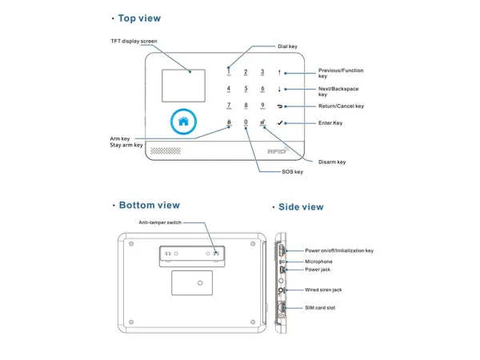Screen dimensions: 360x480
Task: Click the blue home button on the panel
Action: click(183, 122)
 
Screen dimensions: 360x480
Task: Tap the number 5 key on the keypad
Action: click(246, 89)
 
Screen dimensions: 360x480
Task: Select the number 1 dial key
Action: click(229, 71)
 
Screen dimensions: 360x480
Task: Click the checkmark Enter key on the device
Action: click(280, 123)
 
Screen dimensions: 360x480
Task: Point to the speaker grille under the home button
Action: click(166, 150)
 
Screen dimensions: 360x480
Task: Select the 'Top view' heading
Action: click(138, 18)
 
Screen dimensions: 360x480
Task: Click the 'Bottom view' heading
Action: click(149, 206)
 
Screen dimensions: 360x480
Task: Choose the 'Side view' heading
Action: click(301, 207)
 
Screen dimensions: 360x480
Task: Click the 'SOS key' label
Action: click(292, 172)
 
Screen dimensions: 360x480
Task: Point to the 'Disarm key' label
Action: click(331, 162)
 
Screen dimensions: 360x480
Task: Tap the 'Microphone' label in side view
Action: click(318, 262)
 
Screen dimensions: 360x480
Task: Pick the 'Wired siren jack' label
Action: click(323, 290)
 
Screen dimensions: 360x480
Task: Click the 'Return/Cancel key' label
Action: click(341, 106)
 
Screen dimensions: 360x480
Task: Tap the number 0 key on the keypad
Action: click(246, 122)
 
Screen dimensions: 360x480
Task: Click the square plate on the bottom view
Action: click(192, 282)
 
